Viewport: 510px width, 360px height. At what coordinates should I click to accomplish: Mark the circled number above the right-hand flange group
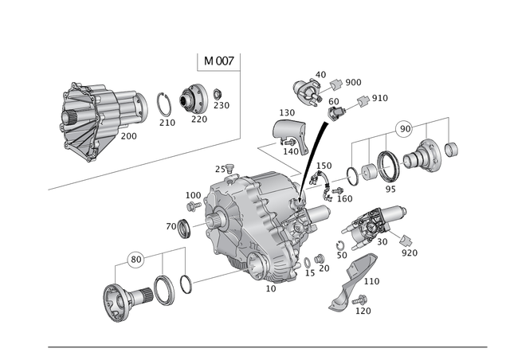point(404,126)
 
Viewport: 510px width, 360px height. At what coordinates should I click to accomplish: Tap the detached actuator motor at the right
point(375,223)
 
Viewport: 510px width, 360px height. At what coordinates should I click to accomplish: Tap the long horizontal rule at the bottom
point(267,347)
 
